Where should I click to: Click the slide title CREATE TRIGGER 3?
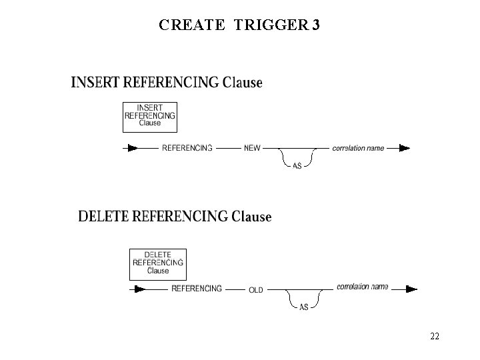pyautogui.click(x=239, y=25)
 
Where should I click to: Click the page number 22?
pyautogui.click(x=434, y=336)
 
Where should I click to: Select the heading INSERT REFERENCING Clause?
pyautogui.click(x=166, y=83)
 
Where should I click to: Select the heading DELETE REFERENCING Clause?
pyautogui.click(x=175, y=217)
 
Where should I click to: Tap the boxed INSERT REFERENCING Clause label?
pyautogui.click(x=150, y=115)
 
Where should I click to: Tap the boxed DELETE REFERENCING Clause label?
pyautogui.click(x=158, y=263)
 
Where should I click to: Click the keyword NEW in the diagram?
pyautogui.click(x=253, y=148)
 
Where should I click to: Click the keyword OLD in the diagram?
pyautogui.click(x=256, y=290)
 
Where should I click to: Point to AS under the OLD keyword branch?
pyautogui.click(x=303, y=307)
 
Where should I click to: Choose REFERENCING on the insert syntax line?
pyautogui.click(x=187, y=148)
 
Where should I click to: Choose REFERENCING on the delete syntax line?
pyautogui.click(x=197, y=289)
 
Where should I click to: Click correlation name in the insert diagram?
pyautogui.click(x=358, y=148)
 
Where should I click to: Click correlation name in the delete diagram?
pyautogui.click(x=362, y=287)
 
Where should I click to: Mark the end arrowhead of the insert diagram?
pyautogui.click(x=403, y=148)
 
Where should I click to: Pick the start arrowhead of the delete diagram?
pyautogui.click(x=139, y=289)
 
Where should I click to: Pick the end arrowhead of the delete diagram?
pyautogui.click(x=411, y=289)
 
